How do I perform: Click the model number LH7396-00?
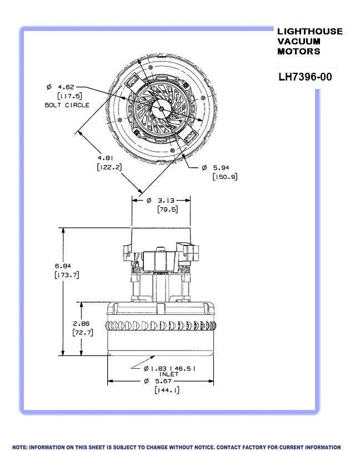click(305, 77)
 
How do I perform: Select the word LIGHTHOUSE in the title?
click(309, 32)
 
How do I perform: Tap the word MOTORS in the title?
click(298, 51)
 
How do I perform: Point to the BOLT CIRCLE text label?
click(67, 105)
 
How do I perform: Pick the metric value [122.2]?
click(109, 167)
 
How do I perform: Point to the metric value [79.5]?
click(161, 209)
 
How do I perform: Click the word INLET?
click(169, 374)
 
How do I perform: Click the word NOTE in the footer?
click(19, 447)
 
